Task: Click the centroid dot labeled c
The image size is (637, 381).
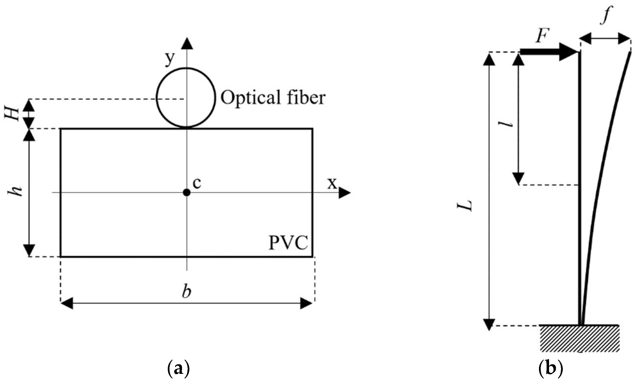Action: [187, 192]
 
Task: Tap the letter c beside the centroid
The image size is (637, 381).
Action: [197, 183]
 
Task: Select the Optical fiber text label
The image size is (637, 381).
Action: [273, 98]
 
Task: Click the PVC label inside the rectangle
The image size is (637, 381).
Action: [288, 243]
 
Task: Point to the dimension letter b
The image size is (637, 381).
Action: [187, 292]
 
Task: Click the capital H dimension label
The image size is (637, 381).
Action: [12, 114]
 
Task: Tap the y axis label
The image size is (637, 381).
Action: [170, 59]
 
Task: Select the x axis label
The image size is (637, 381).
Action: [332, 183]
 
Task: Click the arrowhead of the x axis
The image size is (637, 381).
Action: [345, 193]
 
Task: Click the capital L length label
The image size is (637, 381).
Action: [465, 205]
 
